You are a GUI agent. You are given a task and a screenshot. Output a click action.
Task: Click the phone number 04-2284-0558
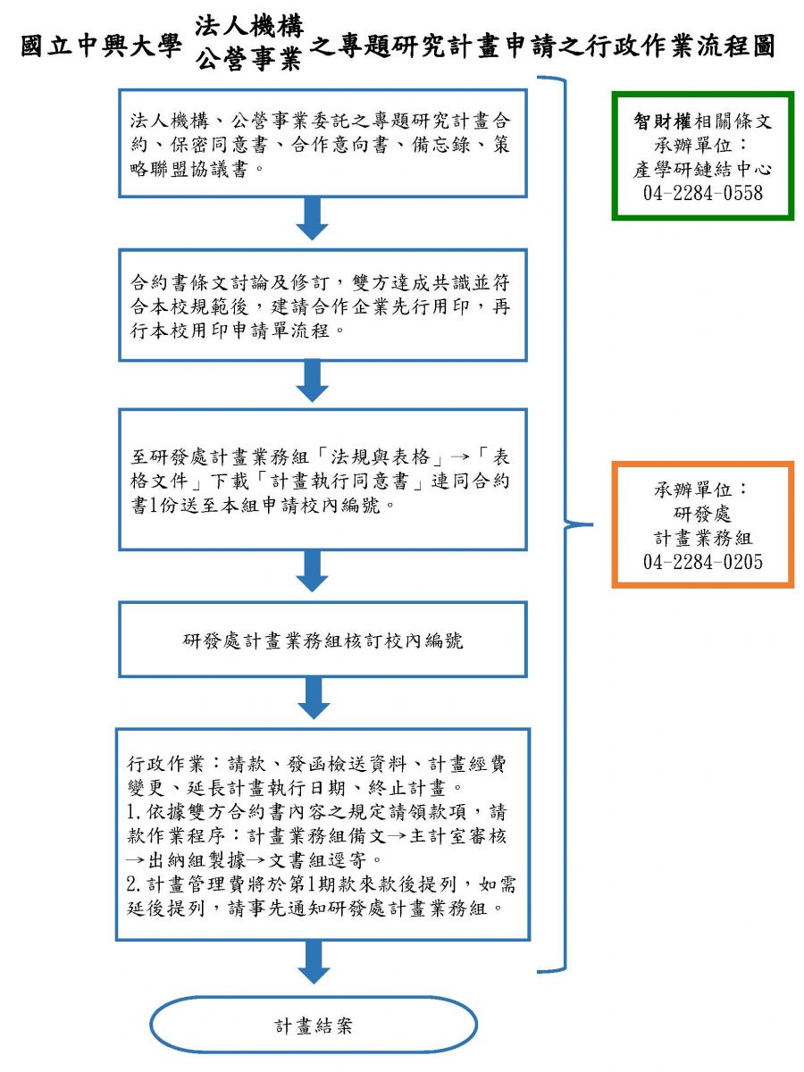point(702,193)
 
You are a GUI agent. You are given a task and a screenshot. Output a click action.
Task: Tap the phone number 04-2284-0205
point(702,562)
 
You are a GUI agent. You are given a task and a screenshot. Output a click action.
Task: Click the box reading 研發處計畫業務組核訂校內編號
point(322,640)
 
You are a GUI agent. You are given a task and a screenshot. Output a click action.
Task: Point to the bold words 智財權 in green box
point(663,121)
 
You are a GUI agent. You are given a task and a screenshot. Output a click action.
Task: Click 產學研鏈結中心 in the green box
point(702,169)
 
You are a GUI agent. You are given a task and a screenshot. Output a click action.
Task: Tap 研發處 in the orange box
point(702,514)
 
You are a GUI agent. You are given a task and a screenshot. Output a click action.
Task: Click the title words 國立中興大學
point(101,47)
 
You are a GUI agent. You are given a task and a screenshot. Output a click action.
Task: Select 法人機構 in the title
point(249,25)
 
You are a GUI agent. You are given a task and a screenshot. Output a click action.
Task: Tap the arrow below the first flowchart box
point(312,219)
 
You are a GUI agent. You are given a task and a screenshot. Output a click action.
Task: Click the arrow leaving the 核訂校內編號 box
point(314,699)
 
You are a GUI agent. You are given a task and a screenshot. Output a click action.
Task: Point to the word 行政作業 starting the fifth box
point(165,763)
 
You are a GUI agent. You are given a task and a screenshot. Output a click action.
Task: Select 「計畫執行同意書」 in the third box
point(339,482)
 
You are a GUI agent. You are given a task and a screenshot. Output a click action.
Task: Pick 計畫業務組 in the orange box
point(702,538)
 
